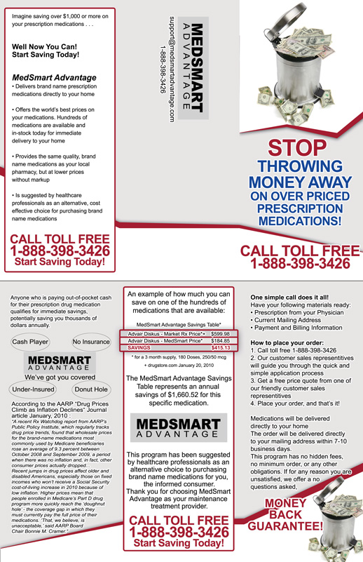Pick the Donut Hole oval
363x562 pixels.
click(x=91, y=388)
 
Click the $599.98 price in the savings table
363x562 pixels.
click(x=220, y=333)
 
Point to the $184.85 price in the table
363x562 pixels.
click(x=220, y=340)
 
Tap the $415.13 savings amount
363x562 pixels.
click(x=220, y=347)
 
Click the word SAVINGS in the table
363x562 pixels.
click(x=140, y=347)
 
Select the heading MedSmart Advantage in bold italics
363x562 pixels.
click(x=55, y=77)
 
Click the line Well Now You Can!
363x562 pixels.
click(x=44, y=46)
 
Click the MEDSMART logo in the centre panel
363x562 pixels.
click(x=181, y=429)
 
